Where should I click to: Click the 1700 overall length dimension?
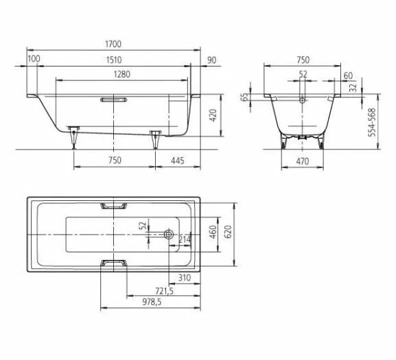tap(114, 43)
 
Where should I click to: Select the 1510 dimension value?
tap(114, 60)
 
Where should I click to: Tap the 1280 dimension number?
tap(114, 74)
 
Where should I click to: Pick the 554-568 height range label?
tap(373, 121)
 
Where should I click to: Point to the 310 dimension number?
tap(183, 278)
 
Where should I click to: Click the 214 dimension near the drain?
tap(185, 239)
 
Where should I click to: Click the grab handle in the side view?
tap(114, 99)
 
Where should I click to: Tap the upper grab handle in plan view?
tap(114, 205)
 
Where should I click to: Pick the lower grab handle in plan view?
tap(114, 263)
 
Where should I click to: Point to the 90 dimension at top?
tap(211, 60)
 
